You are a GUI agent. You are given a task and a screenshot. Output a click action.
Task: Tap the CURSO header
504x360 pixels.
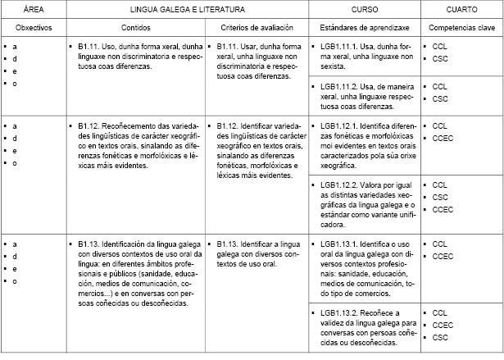coord(365,9)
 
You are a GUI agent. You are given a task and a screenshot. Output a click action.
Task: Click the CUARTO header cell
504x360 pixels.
coord(462,9)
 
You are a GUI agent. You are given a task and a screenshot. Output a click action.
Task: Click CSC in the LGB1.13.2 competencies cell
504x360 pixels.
coord(440,337)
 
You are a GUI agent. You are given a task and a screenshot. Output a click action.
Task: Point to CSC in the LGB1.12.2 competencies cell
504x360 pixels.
coord(440,197)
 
